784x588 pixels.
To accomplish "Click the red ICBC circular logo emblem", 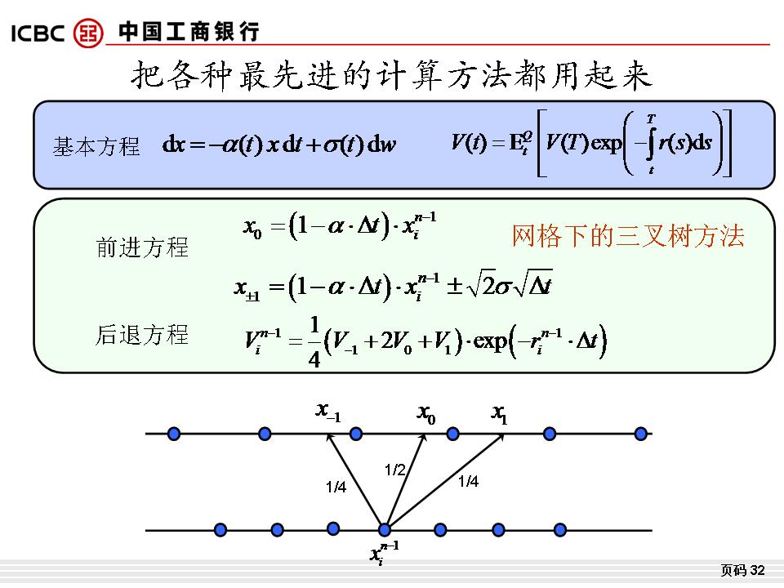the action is point(88,33).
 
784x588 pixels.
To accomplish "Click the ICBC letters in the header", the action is point(38,33).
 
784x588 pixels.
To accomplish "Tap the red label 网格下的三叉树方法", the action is point(628,235).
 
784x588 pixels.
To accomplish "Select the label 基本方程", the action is point(96,146).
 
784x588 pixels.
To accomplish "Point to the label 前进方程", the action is point(142,247).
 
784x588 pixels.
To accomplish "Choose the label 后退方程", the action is point(142,335).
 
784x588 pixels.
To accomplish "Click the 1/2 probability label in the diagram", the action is point(394,470).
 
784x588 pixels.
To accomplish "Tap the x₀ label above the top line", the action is point(426,414).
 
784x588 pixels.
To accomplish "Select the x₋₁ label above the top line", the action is point(328,412).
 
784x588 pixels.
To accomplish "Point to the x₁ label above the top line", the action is point(499,414).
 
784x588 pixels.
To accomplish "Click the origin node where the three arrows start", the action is point(384,529).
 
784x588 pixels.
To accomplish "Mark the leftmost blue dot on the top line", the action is point(173,434).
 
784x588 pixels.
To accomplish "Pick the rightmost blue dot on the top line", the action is point(640,434).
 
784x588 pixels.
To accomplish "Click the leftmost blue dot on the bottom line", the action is point(220,529).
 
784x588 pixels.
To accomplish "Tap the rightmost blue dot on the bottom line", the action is point(560,529).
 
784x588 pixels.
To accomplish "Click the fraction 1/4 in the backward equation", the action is point(314,342).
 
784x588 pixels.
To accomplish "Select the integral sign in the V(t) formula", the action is point(651,143).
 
